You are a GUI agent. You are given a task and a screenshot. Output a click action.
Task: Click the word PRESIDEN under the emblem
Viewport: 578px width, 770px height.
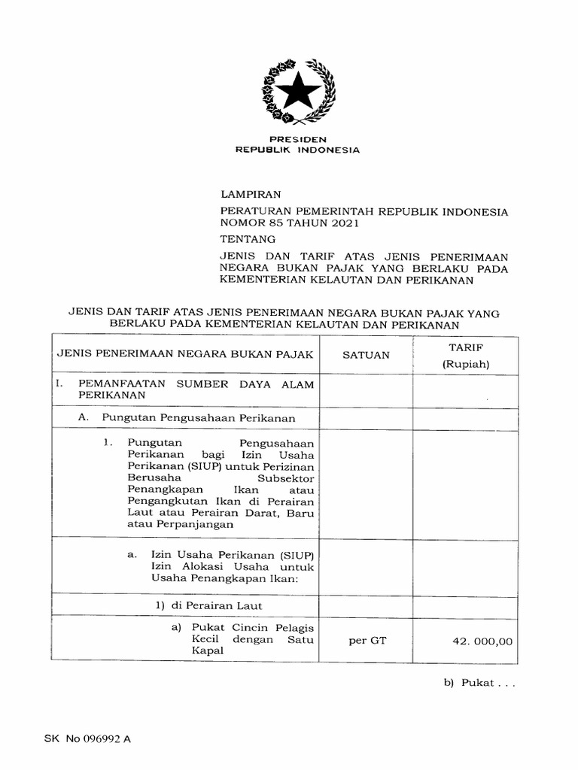click(x=298, y=140)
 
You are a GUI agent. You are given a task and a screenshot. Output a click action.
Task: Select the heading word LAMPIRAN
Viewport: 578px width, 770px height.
click(x=250, y=194)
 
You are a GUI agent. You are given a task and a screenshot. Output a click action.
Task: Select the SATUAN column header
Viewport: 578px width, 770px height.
click(x=367, y=355)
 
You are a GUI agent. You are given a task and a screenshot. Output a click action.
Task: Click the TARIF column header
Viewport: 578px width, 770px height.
click(x=466, y=347)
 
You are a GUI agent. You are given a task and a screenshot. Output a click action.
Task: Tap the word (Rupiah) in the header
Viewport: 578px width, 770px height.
click(x=466, y=365)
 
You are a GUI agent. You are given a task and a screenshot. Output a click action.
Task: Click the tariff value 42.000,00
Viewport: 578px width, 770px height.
click(x=482, y=641)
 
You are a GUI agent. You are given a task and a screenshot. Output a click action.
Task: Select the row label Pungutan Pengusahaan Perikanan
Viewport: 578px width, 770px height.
click(x=195, y=418)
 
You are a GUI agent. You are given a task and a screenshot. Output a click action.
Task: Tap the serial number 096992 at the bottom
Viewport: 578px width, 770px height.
click(x=104, y=738)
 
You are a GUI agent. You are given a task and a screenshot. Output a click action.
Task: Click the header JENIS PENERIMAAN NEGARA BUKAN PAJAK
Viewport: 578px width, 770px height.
click(x=184, y=353)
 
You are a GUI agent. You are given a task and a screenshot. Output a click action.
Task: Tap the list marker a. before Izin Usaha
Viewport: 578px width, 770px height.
click(x=131, y=554)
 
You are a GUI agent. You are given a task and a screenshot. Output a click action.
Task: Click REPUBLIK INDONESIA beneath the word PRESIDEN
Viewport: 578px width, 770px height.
click(x=298, y=150)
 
